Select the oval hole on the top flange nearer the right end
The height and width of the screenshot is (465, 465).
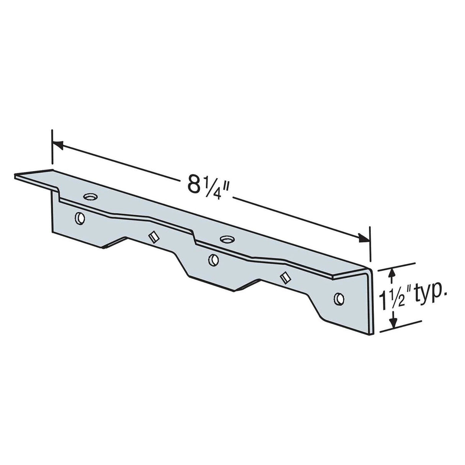[x=226, y=239]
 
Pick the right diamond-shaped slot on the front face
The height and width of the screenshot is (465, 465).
[x=284, y=278]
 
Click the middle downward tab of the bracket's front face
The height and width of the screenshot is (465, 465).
[x=218, y=282]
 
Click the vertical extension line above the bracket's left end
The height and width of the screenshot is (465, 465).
[x=52, y=153]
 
